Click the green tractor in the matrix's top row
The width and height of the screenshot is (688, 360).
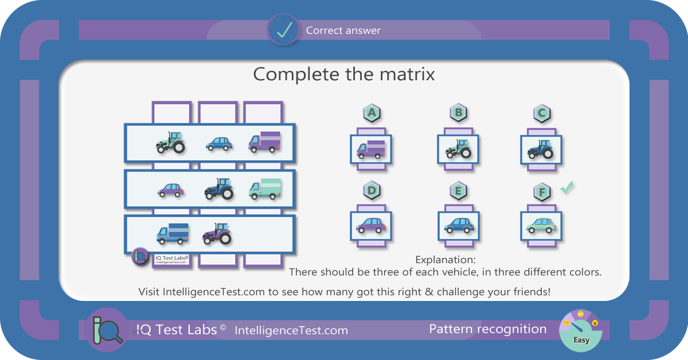click(170, 142)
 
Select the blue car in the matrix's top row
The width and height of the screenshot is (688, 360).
click(219, 144)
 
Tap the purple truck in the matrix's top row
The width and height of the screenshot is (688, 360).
click(264, 142)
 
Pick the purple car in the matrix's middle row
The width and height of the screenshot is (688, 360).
click(171, 190)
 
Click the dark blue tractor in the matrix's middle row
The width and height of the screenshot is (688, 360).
click(218, 189)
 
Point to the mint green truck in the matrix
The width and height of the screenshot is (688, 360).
click(265, 189)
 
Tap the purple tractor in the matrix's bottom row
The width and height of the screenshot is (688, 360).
click(217, 234)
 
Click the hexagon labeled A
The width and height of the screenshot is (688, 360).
click(372, 113)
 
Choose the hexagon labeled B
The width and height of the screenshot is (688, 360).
click(458, 113)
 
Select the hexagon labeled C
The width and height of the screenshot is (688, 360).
click(541, 113)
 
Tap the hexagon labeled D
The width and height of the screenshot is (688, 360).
click(372, 190)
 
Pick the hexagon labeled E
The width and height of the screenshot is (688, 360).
click(458, 190)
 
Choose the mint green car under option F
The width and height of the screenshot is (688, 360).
click(541, 226)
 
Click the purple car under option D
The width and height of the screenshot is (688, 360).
click(371, 226)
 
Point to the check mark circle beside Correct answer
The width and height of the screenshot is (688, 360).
click(283, 30)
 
